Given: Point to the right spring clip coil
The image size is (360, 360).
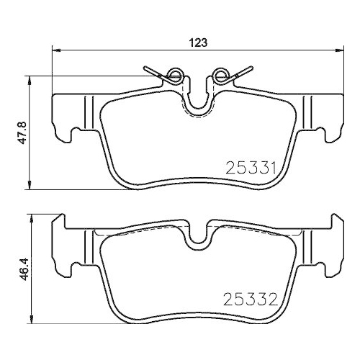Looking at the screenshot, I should (x=221, y=73).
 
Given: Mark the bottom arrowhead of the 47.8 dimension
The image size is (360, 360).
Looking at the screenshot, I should (x=29, y=186).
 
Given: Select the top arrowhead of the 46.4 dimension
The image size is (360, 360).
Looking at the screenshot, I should (x=29, y=216).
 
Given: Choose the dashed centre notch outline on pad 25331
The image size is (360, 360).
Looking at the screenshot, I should (x=197, y=108).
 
